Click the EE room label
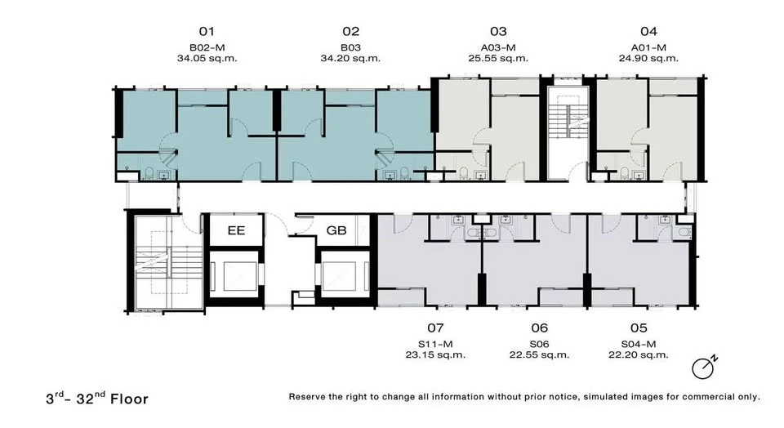tap(236, 230)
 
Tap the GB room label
tap(336, 230)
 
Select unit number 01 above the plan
tap(207, 32)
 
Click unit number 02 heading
tap(351, 32)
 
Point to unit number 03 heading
tap(498, 32)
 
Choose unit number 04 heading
tap(648, 32)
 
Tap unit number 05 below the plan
tap(639, 328)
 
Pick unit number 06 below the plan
tap(540, 328)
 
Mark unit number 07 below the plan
tap(435, 328)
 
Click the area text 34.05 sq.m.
tap(207, 59)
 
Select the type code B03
tap(350, 47)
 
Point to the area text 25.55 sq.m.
tap(498, 59)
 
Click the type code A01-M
tap(648, 47)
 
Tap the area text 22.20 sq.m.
tap(639, 355)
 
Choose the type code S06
tap(540, 344)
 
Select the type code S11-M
tap(435, 344)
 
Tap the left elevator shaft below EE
tap(235, 276)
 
